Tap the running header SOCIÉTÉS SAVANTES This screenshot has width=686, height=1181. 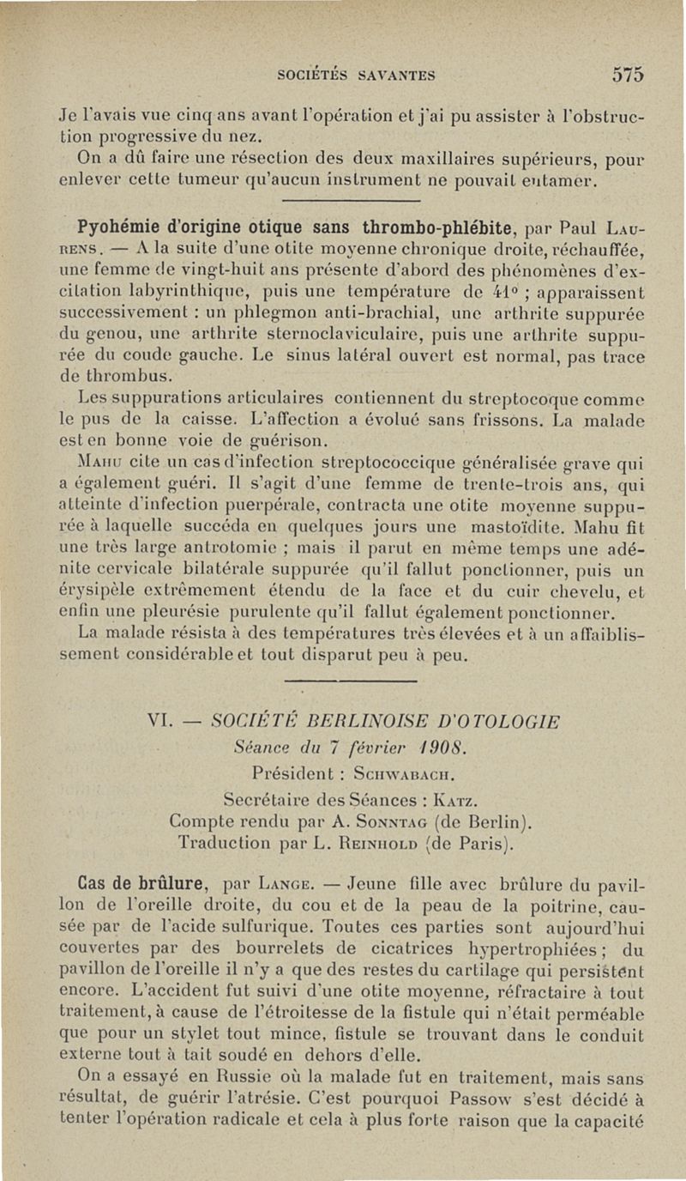click(357, 75)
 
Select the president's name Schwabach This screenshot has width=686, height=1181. click(398, 768)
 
